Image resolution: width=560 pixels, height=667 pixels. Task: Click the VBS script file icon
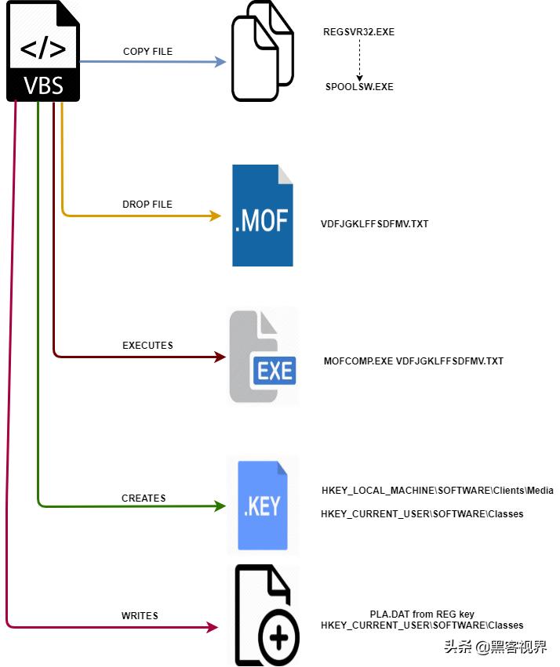44,52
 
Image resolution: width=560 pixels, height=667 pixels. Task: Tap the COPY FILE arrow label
147,52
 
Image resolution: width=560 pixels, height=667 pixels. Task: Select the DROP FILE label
147,205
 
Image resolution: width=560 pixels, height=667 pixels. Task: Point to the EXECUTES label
147,345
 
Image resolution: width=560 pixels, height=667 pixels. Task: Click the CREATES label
144,498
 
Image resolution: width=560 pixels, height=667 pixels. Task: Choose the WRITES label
140,616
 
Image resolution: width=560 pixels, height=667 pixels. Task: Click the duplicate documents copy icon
262,51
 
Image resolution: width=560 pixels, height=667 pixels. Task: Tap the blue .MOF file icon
263,216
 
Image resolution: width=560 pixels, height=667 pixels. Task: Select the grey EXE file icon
263,357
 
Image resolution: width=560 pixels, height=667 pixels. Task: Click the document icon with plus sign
267,614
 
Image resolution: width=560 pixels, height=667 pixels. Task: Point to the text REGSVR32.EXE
358,33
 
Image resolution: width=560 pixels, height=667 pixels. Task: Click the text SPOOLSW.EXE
359,87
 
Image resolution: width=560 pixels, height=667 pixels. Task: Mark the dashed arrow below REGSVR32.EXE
359,60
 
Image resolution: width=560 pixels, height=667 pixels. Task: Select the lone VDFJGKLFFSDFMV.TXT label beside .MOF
375,224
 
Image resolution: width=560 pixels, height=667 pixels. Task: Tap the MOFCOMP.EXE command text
413,361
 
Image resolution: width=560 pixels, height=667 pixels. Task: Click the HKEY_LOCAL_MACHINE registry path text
438,491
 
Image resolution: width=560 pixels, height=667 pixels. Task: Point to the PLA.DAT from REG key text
422,614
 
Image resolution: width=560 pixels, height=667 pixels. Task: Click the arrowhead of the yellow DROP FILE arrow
216,216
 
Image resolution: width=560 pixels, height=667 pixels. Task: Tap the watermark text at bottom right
495,647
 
